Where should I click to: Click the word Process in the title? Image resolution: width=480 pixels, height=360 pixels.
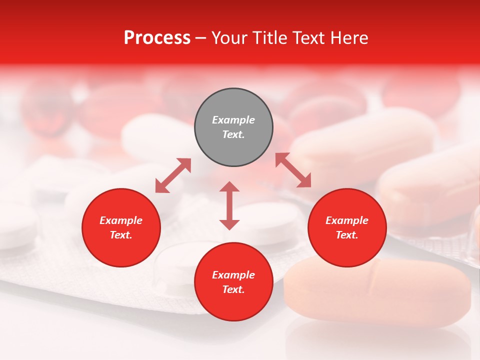pos(157,38)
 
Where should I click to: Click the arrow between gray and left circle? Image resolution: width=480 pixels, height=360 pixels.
pos(173,175)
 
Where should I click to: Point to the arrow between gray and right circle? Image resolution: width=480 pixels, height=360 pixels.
pos(293,170)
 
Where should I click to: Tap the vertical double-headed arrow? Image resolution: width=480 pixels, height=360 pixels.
pos(229,205)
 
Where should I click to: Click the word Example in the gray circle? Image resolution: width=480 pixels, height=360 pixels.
pos(233,120)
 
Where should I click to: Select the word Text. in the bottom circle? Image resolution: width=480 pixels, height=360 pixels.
pos(233,289)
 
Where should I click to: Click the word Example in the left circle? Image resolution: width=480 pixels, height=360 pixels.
pos(121,220)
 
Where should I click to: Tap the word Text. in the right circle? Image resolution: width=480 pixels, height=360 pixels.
pos(347,235)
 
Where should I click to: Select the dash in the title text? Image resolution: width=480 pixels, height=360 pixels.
pos(201,38)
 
